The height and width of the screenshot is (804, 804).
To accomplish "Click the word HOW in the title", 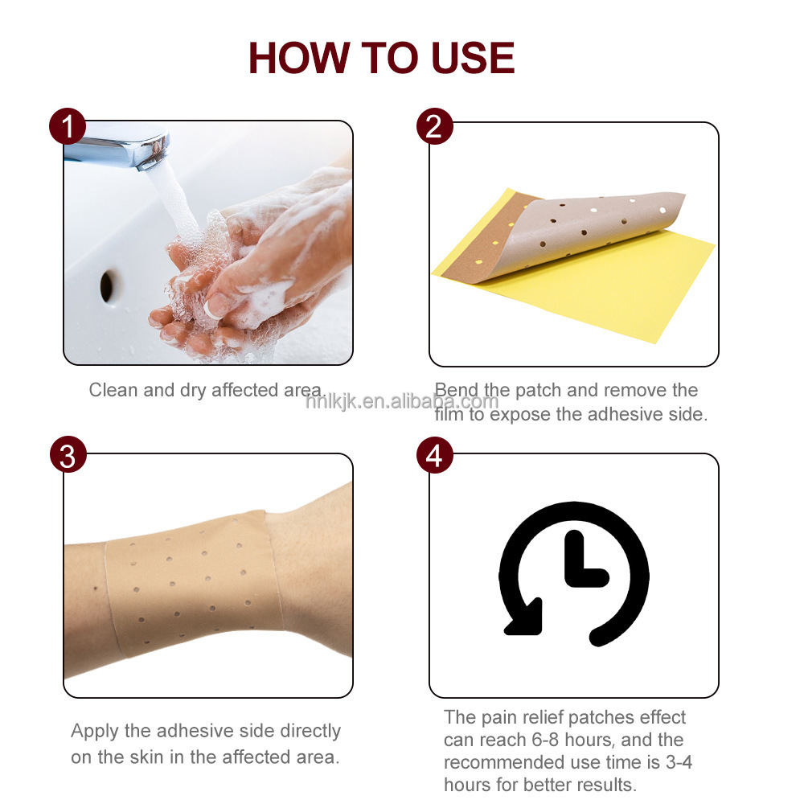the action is tap(299, 58).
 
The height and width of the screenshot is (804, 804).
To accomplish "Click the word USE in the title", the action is tap(473, 58).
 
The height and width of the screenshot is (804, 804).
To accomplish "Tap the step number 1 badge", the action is tap(68, 126).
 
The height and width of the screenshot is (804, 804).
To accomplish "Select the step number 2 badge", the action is tap(434, 126).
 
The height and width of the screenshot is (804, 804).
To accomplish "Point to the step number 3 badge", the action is tap(68, 455).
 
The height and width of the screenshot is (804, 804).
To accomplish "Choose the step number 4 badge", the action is tap(434, 455).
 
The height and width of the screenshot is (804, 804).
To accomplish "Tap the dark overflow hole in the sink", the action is tap(107, 286).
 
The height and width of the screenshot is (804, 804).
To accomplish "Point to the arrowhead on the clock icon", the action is tap(524, 617).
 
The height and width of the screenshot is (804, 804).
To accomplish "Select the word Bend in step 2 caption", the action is tap(457, 390).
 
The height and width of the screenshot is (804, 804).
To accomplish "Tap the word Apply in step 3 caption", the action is tap(96, 732).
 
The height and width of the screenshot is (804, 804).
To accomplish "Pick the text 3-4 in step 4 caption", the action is tap(679, 762).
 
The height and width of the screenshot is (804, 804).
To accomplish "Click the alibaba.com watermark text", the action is tap(401, 401).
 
